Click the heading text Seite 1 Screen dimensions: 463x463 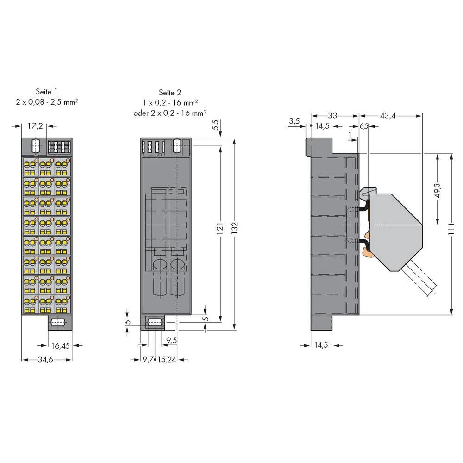(47, 92)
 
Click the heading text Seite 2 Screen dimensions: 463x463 (169, 92)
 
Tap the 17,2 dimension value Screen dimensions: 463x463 (35, 125)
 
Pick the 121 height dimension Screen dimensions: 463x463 (220, 229)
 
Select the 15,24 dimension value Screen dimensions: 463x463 (168, 360)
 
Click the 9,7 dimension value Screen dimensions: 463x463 (148, 360)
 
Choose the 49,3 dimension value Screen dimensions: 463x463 (437, 190)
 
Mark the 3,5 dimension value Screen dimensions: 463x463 (294, 121)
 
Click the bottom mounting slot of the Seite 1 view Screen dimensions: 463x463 (58, 322)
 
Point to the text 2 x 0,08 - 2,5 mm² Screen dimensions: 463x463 (47, 101)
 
